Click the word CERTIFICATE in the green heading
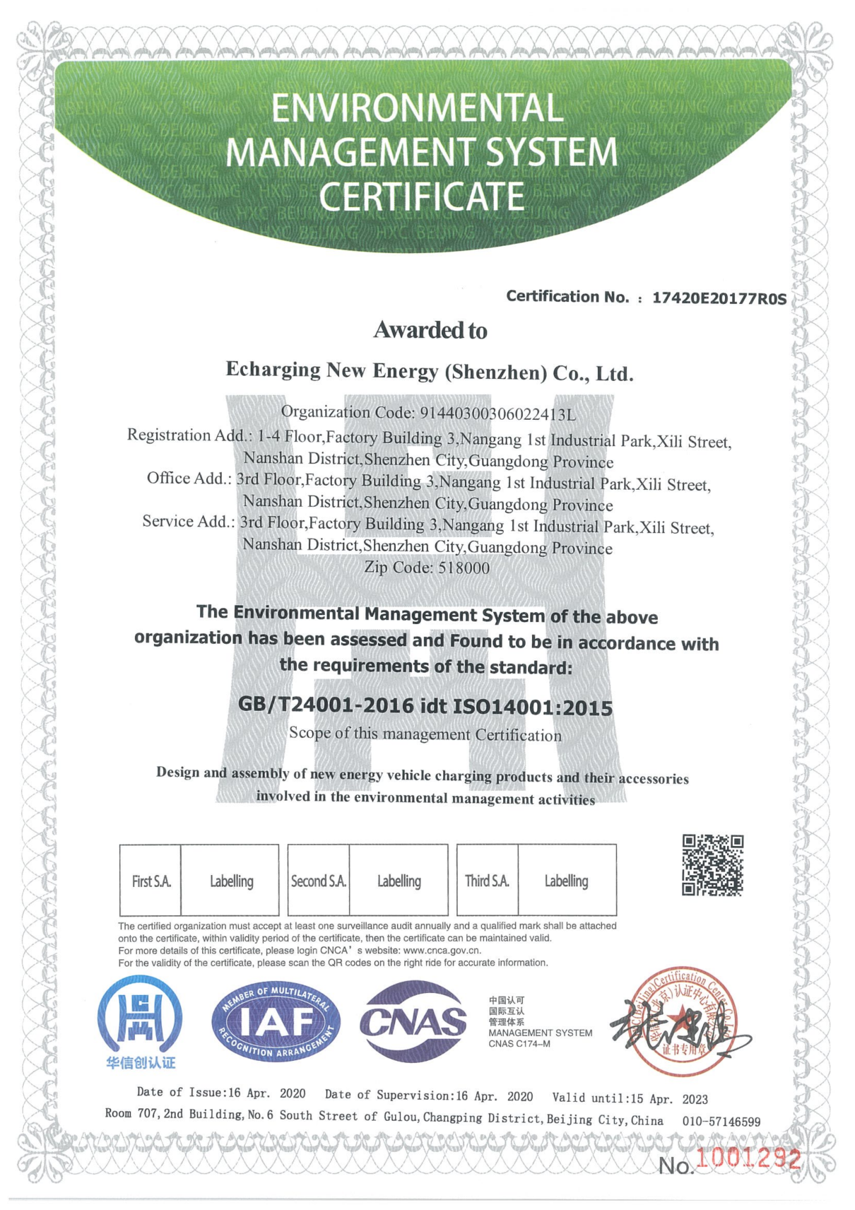pyautogui.click(x=421, y=196)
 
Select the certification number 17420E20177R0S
pyautogui.click(x=719, y=298)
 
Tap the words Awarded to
pyautogui.click(x=430, y=330)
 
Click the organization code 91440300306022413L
pyautogui.click(x=497, y=413)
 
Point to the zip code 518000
pyautogui.click(x=464, y=568)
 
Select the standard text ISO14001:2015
pyautogui.click(x=532, y=707)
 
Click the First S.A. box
pyautogui.click(x=151, y=881)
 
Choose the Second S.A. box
pyautogui.click(x=319, y=881)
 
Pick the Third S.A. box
pyautogui.click(x=487, y=881)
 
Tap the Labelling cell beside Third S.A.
pyautogui.click(x=566, y=881)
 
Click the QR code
pyautogui.click(x=712, y=865)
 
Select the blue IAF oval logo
pyautogui.click(x=276, y=1022)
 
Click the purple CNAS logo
pyautogui.click(x=413, y=1022)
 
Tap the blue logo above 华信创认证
pyautogui.click(x=140, y=1016)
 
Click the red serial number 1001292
pyautogui.click(x=748, y=1159)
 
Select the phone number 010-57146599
pyautogui.click(x=721, y=1122)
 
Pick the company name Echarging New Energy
pyautogui.click(x=332, y=370)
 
